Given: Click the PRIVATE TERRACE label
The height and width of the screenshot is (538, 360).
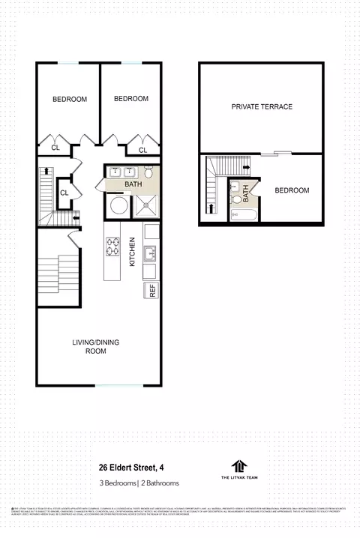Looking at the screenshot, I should point(262,106).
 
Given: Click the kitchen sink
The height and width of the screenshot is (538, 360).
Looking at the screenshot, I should point(150,252).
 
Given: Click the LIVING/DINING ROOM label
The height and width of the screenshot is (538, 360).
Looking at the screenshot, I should point(95,346).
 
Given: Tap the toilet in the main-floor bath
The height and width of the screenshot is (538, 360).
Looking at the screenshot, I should point(148,171).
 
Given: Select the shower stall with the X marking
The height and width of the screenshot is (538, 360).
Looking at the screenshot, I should point(146,204).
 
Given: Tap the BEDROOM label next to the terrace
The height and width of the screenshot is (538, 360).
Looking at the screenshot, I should point(292,190).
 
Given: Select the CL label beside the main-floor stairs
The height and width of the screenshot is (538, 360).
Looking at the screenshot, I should point(64,193).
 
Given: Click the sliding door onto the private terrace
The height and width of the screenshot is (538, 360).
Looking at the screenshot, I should point(281,154).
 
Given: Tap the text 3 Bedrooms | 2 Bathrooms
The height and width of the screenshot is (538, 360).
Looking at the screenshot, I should point(138,483).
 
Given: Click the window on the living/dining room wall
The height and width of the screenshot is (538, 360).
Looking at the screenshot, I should point(117,386).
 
